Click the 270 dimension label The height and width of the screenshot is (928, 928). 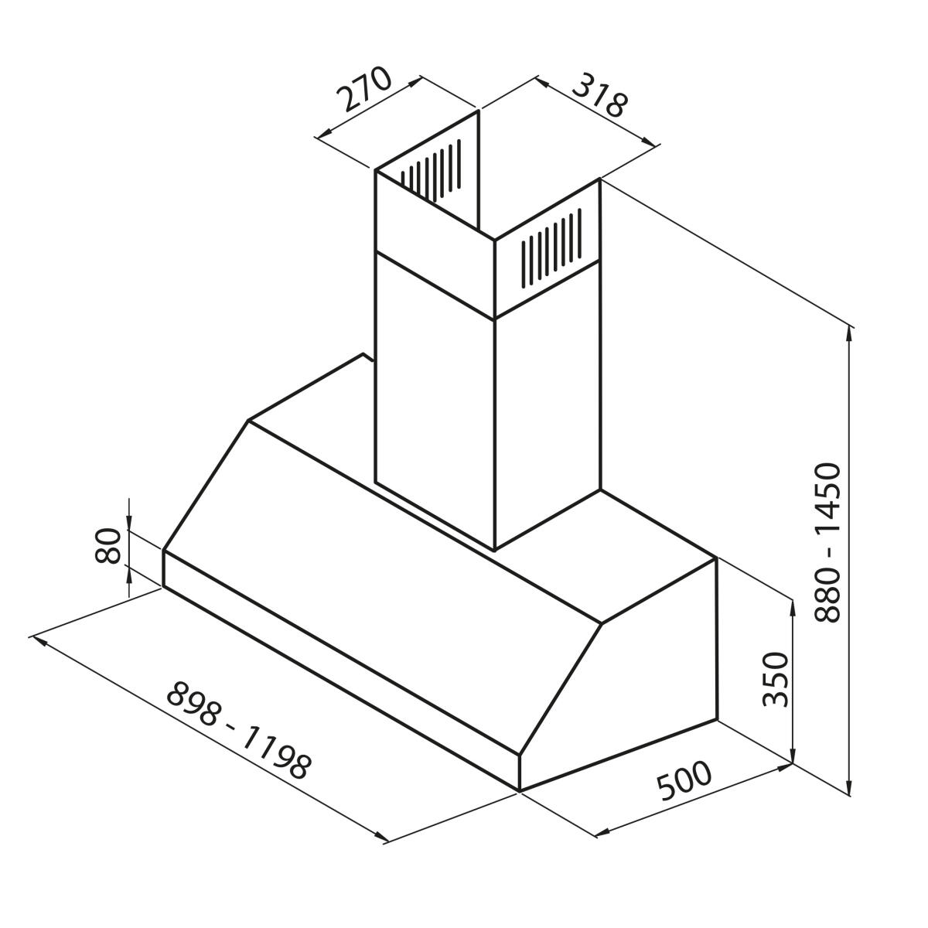[x=364, y=89]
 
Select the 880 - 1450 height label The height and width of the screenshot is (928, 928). [x=827, y=543]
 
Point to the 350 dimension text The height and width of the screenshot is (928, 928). [x=776, y=679]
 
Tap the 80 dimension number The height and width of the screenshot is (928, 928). [x=107, y=546]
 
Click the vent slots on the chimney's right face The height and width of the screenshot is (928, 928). [x=551, y=248]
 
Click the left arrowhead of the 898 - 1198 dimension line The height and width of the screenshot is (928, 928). [x=39, y=641]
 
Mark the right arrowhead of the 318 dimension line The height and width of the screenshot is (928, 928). [x=648, y=141]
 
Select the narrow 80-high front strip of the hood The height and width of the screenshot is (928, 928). [x=342, y=670]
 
